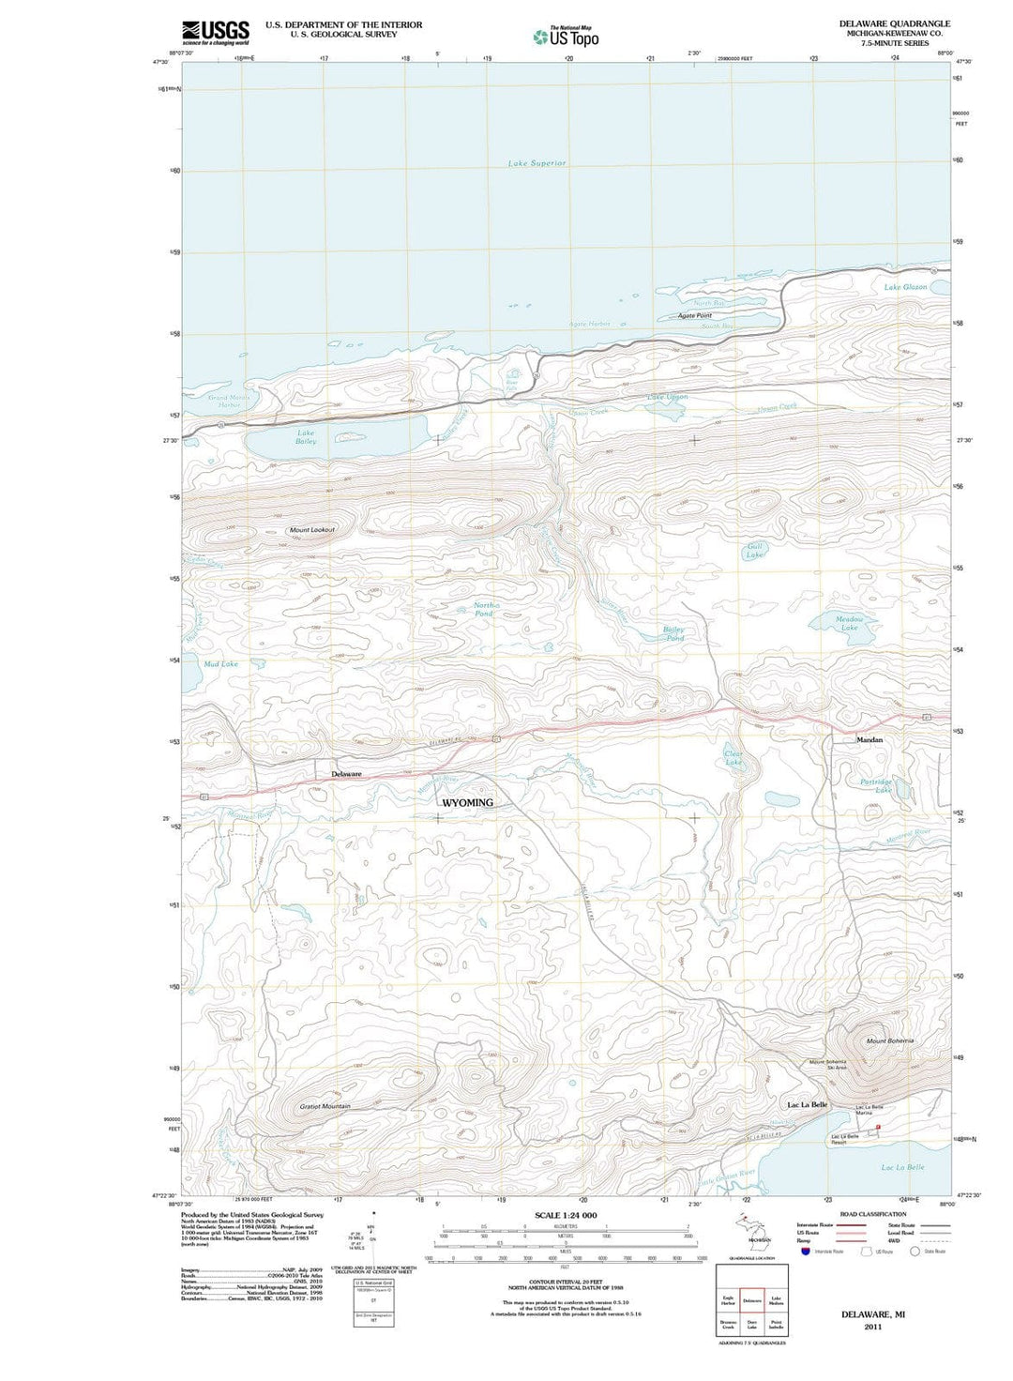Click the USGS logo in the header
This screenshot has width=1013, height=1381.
point(215,32)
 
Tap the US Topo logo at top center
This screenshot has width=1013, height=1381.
point(567,37)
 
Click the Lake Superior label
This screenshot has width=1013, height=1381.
point(537,163)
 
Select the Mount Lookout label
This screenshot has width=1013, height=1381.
point(311,530)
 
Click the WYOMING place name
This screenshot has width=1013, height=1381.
point(466,803)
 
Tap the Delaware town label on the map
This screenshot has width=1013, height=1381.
point(346,774)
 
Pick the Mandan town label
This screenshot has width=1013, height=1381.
point(869,740)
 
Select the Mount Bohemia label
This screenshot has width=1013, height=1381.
point(889,1040)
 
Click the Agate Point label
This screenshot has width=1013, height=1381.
point(695,316)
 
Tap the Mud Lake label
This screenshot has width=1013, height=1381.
point(221,664)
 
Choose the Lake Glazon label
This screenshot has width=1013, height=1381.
point(905,287)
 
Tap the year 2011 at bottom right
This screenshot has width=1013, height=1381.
point(872,1327)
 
